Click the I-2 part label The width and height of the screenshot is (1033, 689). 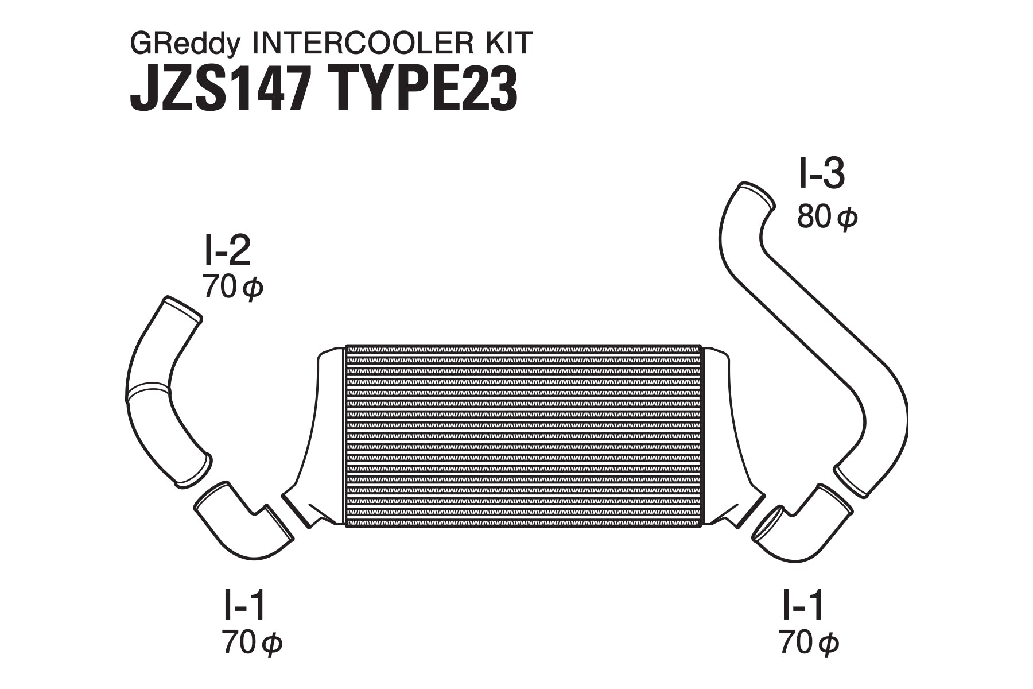click(227, 251)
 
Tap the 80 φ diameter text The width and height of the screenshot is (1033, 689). click(826, 218)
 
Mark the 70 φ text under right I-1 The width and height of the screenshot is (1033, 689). click(809, 643)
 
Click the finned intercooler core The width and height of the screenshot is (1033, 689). click(523, 435)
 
